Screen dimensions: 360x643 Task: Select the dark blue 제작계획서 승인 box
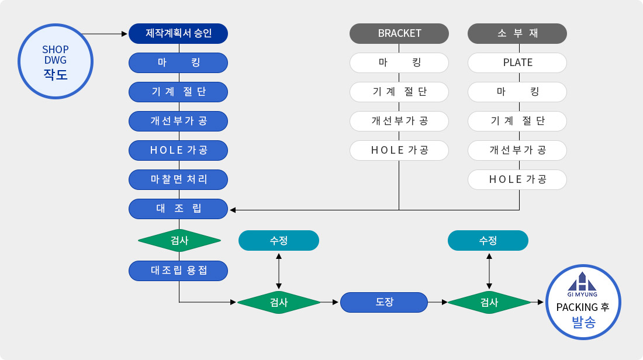click(178, 33)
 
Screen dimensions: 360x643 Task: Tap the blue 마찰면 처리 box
click(178, 179)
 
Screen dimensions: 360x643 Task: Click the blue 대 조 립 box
click(178, 209)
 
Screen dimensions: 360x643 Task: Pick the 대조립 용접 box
click(178, 271)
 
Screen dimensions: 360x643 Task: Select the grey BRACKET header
click(399, 33)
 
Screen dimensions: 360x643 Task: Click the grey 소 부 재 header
click(517, 33)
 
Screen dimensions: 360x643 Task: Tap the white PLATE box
click(517, 63)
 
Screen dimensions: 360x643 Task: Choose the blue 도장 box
click(384, 302)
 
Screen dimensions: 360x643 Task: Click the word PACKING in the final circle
click(577, 307)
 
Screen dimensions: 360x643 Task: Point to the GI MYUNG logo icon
click(583, 282)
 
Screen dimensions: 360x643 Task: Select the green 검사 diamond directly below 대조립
click(179, 240)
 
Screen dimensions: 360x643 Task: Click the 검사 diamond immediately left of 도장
click(279, 302)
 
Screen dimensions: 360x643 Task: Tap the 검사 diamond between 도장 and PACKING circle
click(489, 302)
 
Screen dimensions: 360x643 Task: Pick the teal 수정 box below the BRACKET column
click(279, 240)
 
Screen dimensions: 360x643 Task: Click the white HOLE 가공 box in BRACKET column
click(399, 150)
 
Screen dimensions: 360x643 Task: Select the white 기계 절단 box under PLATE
click(517, 121)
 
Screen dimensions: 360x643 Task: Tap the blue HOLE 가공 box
click(178, 150)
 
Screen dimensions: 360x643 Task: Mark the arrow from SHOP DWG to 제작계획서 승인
click(105, 34)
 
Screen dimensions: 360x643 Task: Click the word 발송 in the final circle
click(583, 321)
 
